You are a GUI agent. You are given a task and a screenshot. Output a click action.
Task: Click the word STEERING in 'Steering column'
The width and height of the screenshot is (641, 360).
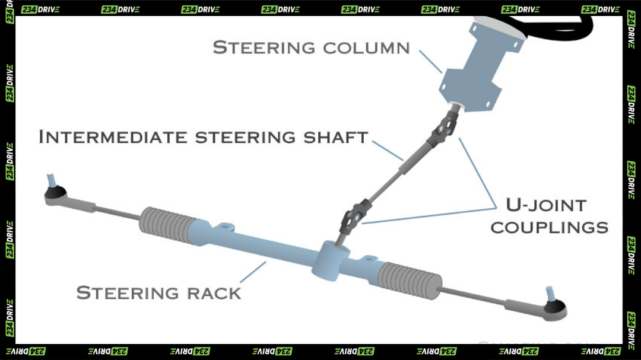click(x=264, y=47)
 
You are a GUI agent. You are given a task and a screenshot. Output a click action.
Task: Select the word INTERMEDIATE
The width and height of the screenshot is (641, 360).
click(x=113, y=137)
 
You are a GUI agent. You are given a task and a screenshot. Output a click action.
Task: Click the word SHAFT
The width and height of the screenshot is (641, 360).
click(x=335, y=138)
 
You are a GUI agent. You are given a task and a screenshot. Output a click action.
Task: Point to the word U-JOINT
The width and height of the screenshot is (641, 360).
click(x=546, y=205)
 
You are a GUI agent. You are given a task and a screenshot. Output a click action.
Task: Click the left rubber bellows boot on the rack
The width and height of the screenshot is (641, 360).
click(x=167, y=224)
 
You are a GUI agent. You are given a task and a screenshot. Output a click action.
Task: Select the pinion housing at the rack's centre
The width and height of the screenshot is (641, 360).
click(x=331, y=261)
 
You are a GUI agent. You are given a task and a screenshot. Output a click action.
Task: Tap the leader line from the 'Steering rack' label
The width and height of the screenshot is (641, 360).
click(x=253, y=272)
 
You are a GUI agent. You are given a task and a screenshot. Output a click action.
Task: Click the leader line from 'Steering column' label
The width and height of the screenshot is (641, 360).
click(x=430, y=62)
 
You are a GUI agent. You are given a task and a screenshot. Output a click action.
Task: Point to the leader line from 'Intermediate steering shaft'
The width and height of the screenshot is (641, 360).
click(x=388, y=151)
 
